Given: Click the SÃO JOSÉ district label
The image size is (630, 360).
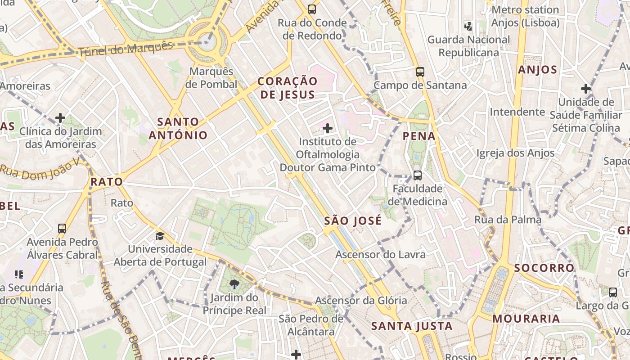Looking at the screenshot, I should coord(353,221).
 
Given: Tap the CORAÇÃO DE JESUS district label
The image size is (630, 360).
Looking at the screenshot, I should coord(288,88).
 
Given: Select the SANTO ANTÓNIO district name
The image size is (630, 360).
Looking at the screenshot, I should coord(178,128).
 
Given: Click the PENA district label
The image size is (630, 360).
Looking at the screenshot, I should coord(419,136).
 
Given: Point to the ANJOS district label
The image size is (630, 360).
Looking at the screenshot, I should coord(537,70).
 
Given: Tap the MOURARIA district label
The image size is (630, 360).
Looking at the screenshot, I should coord(526,319).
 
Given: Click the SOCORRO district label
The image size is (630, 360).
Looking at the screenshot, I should coord(544,268).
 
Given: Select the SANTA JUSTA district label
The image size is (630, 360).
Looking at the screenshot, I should coord(412,326).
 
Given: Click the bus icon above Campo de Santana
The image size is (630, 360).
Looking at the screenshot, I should coord(420,72).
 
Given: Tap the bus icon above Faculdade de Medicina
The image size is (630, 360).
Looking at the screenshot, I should coord(417,175).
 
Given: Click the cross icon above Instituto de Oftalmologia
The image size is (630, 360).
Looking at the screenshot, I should coord(328,128).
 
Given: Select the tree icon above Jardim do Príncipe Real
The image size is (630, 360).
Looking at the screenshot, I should coord(234,284).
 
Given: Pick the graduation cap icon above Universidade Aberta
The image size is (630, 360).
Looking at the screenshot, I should coord(160,236).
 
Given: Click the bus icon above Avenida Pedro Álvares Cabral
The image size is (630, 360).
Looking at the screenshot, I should coord(62,229).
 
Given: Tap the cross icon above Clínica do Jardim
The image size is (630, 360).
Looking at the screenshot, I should coord(60,118).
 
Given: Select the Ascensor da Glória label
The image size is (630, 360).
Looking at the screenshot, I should coord(360,301).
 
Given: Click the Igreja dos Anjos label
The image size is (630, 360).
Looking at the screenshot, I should coord(515,153).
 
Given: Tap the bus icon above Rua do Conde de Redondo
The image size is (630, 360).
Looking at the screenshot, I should coord(311,9).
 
